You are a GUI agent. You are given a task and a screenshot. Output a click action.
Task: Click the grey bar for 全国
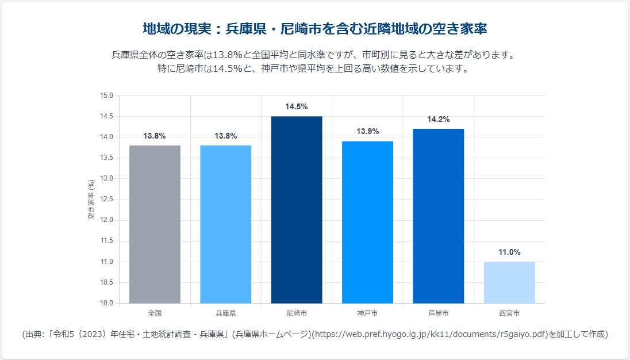click(155, 224)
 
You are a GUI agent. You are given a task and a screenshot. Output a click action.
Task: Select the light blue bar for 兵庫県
click(225, 224)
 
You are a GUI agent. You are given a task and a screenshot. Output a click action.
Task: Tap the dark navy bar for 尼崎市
click(297, 210)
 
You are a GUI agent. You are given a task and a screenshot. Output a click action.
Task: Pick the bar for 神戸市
click(367, 222)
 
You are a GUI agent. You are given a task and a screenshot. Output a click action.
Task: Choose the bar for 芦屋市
click(438, 216)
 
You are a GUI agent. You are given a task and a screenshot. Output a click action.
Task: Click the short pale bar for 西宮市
click(509, 282)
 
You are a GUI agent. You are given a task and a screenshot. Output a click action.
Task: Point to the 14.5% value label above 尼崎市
click(297, 107)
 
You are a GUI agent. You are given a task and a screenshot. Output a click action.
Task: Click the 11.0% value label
click(509, 252)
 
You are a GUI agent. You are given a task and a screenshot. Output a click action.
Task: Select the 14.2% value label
click(438, 120)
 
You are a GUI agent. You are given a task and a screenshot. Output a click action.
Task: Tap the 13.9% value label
click(367, 132)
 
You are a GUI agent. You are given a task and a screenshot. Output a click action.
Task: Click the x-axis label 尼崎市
click(297, 313)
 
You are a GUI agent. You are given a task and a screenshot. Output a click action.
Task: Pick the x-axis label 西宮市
click(509, 313)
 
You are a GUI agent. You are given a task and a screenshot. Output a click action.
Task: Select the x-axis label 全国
click(155, 313)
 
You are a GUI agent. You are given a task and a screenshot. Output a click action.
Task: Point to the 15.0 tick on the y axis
click(107, 95)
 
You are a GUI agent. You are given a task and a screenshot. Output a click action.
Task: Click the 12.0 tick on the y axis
click(107, 220)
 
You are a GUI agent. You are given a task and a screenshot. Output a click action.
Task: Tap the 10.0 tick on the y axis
click(107, 303)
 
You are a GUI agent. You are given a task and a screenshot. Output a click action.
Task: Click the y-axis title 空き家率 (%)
click(91, 200)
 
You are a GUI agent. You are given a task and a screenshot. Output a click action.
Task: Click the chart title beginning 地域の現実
click(315, 29)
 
